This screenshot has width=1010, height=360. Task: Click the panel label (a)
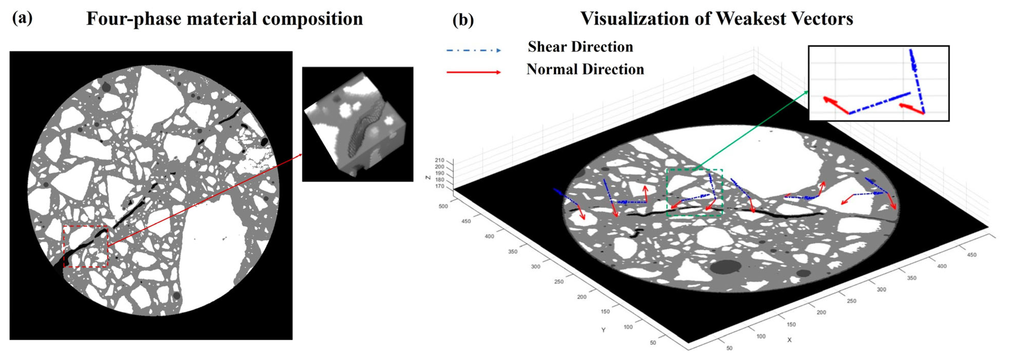(x=22, y=18)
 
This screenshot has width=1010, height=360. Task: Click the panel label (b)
(x=463, y=20)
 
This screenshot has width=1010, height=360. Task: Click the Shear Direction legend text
(x=580, y=47)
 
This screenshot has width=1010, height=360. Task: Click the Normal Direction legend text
(x=585, y=69)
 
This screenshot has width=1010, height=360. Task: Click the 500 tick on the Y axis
(x=443, y=206)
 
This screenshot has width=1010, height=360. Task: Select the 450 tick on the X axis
(x=972, y=255)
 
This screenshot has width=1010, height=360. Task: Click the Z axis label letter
(x=428, y=178)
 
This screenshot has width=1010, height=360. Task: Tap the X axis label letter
(x=789, y=340)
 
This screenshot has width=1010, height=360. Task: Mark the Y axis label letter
(x=603, y=330)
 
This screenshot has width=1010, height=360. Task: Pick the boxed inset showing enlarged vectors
(x=879, y=83)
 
